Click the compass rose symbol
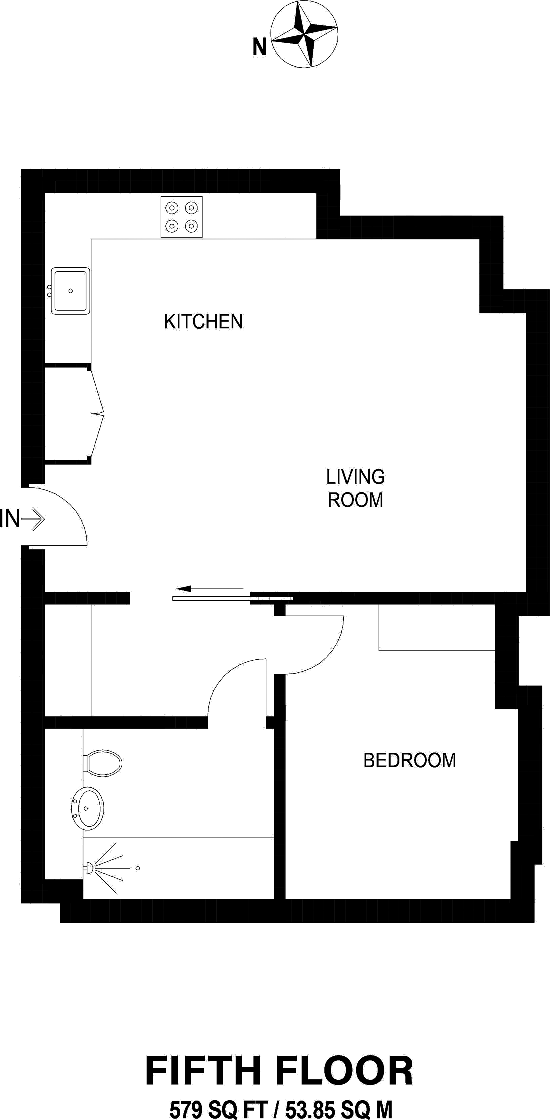304,34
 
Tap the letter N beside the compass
259,47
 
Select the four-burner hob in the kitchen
181,217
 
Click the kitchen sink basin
70,290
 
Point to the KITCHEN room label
203,322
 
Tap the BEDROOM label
409,760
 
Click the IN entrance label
9,519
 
